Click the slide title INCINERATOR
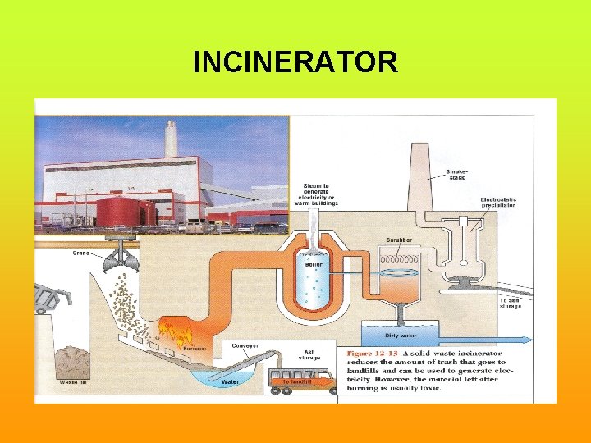click(x=295, y=62)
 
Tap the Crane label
click(x=81, y=253)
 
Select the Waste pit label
click(x=74, y=382)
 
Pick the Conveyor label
click(x=245, y=345)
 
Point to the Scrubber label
click(x=400, y=240)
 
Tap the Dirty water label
click(x=401, y=336)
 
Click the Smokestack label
click(x=456, y=174)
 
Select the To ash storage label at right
click(x=510, y=303)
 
